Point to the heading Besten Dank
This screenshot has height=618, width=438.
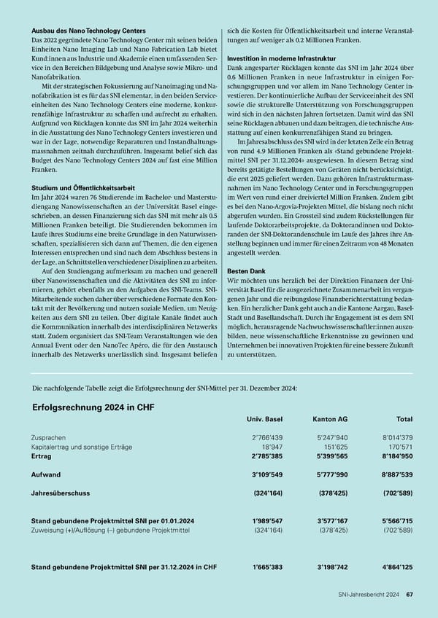click(247, 270)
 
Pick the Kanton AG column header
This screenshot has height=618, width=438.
click(329, 419)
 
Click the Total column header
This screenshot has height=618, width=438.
click(402, 419)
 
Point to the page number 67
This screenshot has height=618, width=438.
click(410, 595)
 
